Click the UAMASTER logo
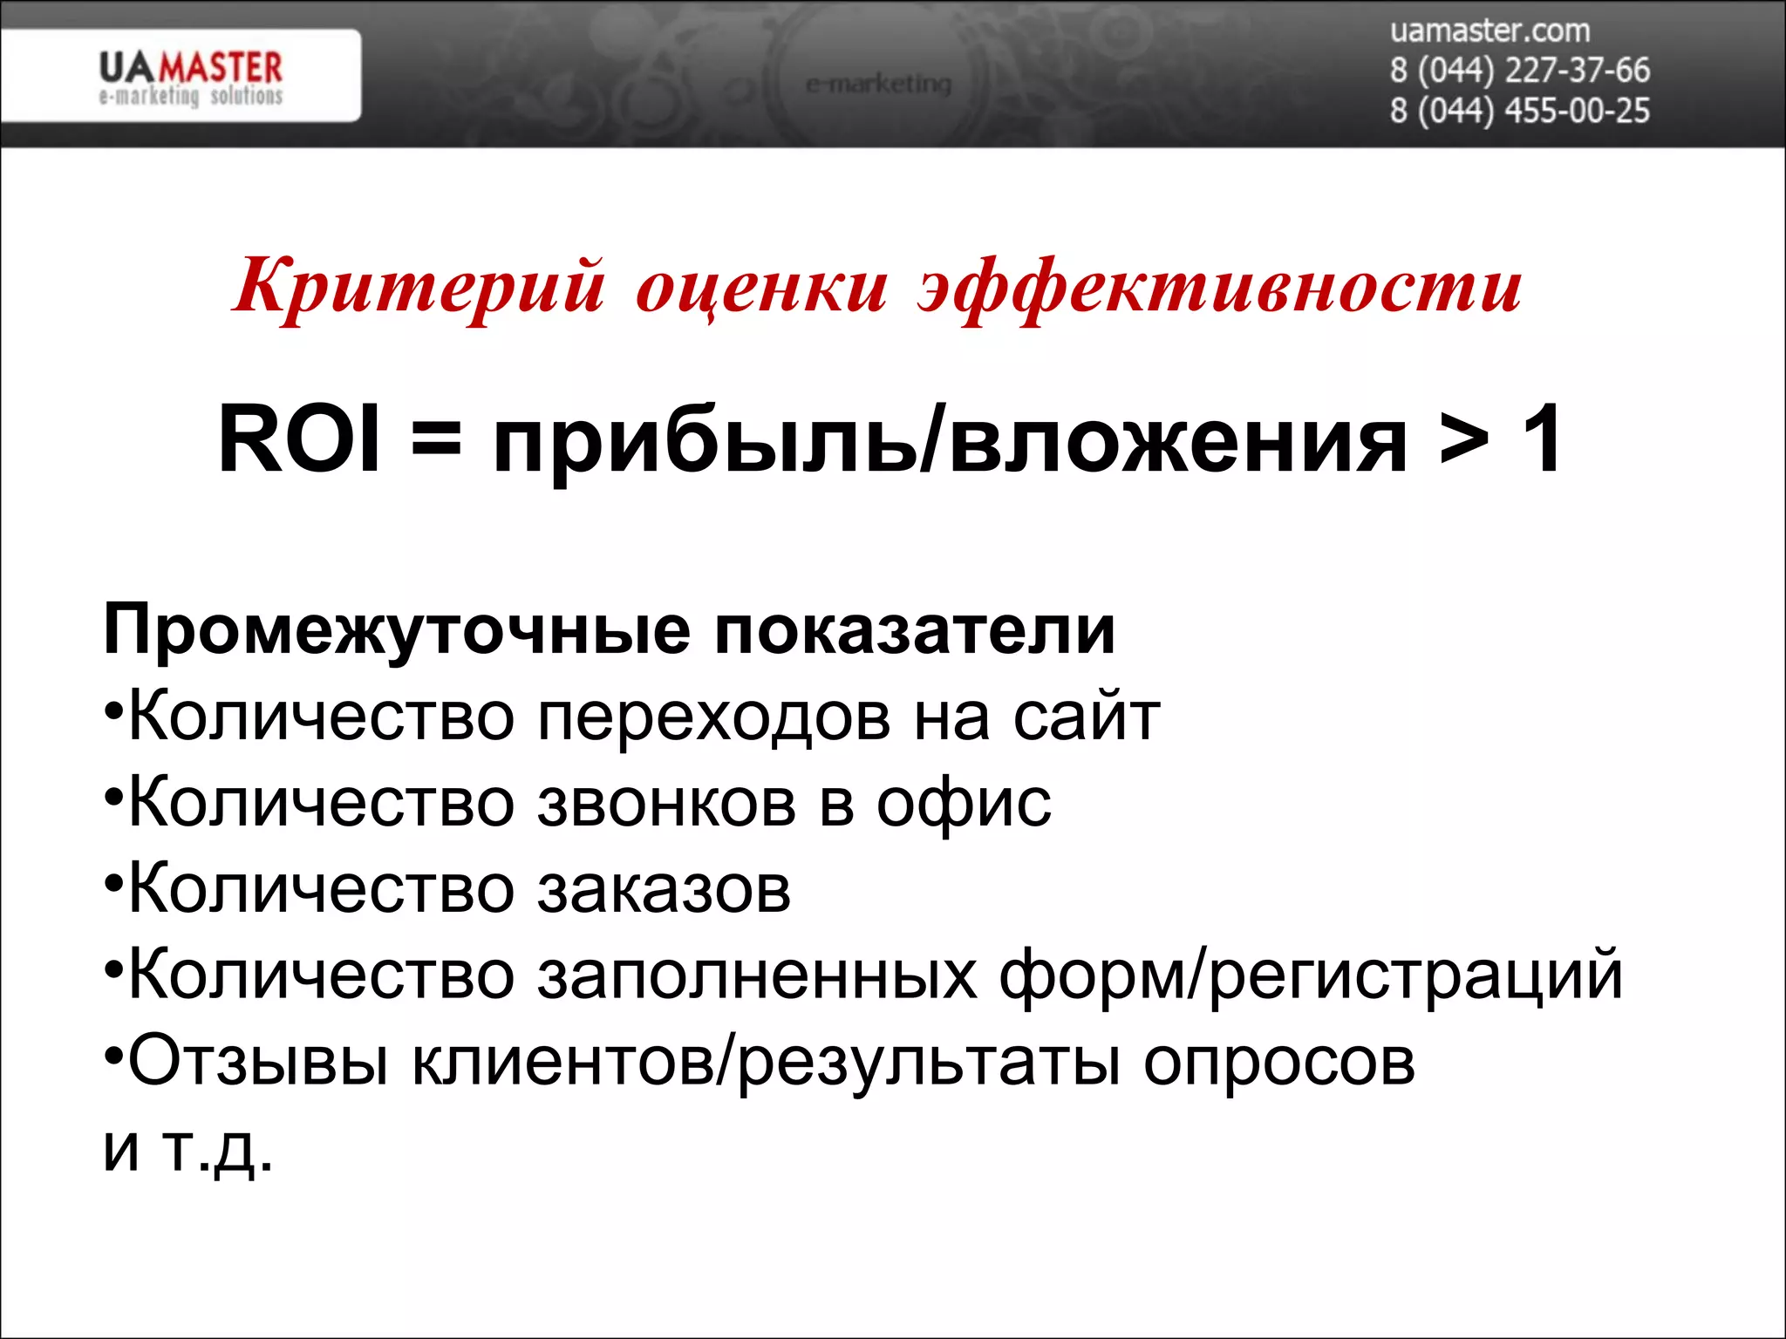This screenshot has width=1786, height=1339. (190, 77)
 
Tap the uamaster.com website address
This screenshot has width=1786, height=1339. (1489, 31)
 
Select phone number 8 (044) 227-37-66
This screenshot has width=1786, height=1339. (1519, 71)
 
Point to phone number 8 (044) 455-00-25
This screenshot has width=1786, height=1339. (1519, 112)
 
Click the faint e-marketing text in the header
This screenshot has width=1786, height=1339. (878, 85)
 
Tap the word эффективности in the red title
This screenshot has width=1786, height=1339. (1219, 288)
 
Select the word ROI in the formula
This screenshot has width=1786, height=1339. (299, 439)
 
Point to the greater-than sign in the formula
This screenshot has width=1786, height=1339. (1465, 440)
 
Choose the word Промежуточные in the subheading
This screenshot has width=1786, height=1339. (397, 630)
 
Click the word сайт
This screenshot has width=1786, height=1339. (1087, 717)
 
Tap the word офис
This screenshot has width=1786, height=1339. (964, 804)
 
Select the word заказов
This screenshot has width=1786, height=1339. (664, 890)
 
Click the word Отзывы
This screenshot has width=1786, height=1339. (258, 1063)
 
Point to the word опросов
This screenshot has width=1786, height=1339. (1279, 1063)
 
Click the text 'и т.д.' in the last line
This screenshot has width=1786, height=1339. (188, 1149)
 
